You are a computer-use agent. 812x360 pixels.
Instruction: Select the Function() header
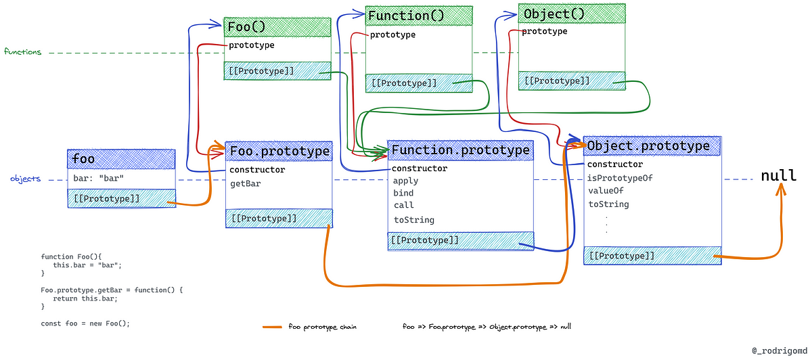click(x=406, y=16)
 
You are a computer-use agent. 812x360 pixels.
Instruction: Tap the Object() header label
click(x=554, y=14)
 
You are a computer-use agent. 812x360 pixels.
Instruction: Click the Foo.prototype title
click(x=279, y=151)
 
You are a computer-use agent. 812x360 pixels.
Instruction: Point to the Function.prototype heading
click(x=460, y=150)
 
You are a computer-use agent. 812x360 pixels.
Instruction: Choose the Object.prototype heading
click(x=648, y=145)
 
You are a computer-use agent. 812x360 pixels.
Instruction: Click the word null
click(x=778, y=175)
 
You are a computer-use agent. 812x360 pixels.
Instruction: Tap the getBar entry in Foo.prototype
click(x=246, y=184)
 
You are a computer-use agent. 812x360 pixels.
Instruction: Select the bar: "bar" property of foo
click(x=98, y=178)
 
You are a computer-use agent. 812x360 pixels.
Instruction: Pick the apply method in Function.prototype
click(x=405, y=181)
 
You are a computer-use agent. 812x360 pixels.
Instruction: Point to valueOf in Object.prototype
click(x=606, y=191)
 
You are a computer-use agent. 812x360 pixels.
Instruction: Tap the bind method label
click(x=403, y=193)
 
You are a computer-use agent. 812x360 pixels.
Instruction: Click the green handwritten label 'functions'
click(x=22, y=52)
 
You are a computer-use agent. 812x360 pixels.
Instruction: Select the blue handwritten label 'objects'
click(x=26, y=179)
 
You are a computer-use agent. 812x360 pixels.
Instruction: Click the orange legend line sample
click(x=272, y=327)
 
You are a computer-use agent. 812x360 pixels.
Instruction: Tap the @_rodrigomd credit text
click(x=780, y=351)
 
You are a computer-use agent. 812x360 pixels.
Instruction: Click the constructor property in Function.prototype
click(x=420, y=168)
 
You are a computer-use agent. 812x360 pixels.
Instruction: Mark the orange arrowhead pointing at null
click(x=780, y=189)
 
